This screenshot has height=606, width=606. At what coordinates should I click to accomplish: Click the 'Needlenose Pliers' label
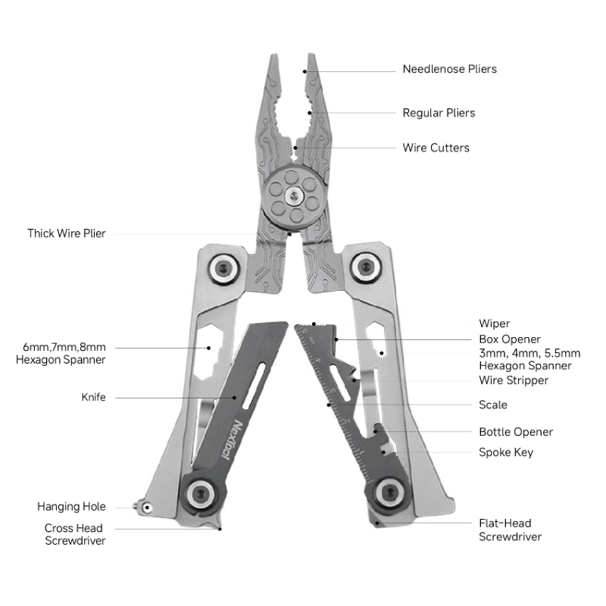[x=449, y=69]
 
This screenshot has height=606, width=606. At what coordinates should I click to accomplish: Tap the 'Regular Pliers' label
[x=439, y=113]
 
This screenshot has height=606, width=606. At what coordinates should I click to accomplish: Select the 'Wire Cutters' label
[x=436, y=148]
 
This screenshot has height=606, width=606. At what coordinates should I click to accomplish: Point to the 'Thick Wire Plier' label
[x=66, y=233]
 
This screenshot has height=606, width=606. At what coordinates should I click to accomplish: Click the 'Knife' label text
[x=93, y=397]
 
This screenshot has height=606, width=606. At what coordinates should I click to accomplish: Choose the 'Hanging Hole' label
[x=71, y=507]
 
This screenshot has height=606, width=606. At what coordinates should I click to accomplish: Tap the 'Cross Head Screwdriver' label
[x=75, y=534]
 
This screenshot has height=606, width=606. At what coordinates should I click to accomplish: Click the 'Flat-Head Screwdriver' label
[x=510, y=529]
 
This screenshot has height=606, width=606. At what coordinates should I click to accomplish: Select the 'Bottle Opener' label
[x=516, y=432]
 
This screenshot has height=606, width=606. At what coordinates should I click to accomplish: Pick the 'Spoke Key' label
[x=506, y=452]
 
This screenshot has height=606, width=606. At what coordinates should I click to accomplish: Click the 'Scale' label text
[x=493, y=405]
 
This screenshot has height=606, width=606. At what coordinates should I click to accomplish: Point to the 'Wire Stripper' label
[x=514, y=380]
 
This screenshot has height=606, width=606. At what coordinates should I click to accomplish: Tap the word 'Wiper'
[x=495, y=323]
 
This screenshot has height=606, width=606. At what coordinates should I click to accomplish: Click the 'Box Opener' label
[x=509, y=339]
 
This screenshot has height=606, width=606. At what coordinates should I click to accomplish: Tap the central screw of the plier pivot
[x=294, y=196]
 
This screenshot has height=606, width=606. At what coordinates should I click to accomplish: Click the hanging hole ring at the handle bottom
[x=146, y=508]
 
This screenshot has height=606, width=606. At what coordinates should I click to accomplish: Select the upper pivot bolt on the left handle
[x=223, y=268]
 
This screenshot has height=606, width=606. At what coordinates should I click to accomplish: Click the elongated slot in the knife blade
[x=254, y=386]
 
